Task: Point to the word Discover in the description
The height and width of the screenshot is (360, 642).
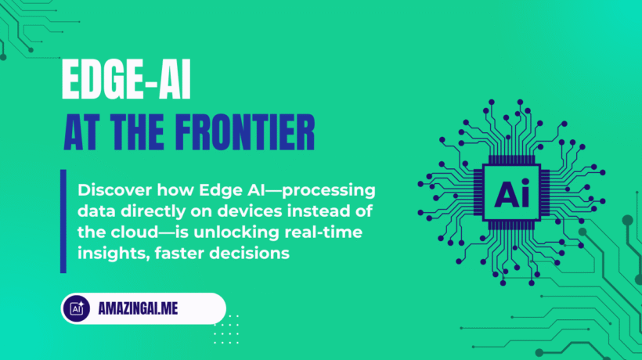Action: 109,193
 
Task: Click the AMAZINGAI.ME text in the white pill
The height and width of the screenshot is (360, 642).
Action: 139,308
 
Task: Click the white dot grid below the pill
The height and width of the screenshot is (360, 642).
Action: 226,329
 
